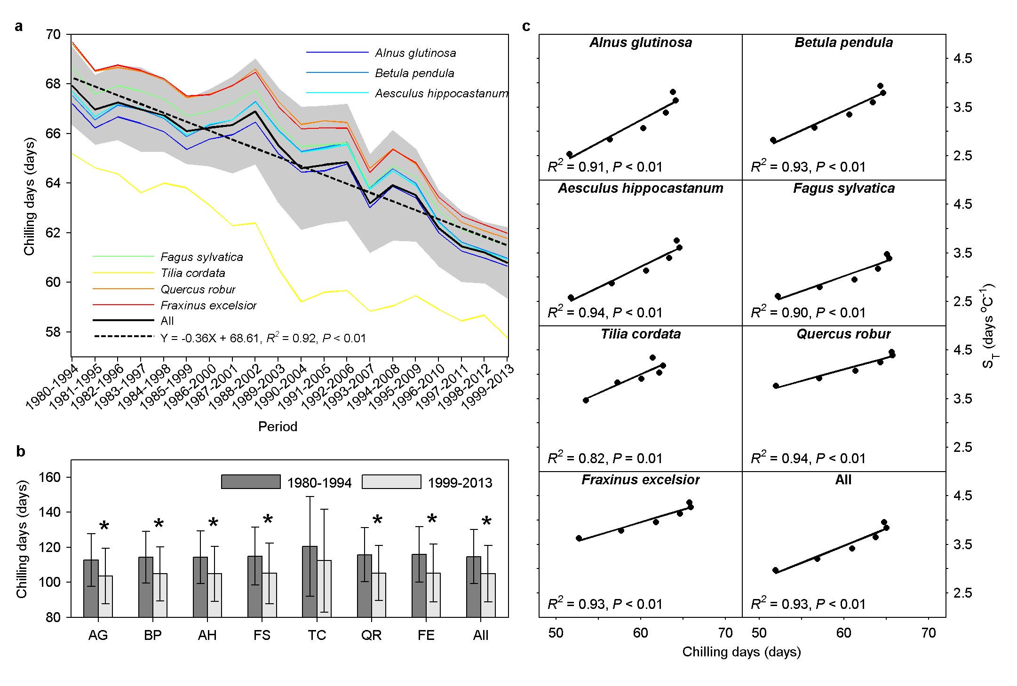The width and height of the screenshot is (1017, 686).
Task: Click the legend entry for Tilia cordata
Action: [x=192, y=273]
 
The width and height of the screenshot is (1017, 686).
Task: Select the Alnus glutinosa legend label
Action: [x=415, y=53]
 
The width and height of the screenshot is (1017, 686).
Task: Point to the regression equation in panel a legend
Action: [x=262, y=338]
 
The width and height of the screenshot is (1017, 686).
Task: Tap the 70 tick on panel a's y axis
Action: [x=54, y=34]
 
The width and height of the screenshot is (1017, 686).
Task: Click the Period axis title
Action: [x=278, y=426]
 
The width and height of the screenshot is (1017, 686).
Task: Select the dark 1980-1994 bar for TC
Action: [x=310, y=582]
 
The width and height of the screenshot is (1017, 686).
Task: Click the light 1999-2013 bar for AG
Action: [x=105, y=596]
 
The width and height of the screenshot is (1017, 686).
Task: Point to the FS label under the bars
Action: [x=262, y=635]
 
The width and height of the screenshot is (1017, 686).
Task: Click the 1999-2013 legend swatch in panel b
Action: [x=391, y=482]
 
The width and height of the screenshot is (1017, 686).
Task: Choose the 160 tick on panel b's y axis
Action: [x=50, y=477]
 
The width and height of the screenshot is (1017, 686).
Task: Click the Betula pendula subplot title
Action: [x=843, y=43]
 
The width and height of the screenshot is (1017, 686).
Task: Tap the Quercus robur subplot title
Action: [x=843, y=334]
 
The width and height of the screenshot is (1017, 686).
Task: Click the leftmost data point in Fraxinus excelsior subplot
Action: [x=579, y=538]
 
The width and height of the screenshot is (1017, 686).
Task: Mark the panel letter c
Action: [x=526, y=27]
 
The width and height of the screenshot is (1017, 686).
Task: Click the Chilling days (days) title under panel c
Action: [x=741, y=652]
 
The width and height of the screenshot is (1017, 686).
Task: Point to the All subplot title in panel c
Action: [x=843, y=480]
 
